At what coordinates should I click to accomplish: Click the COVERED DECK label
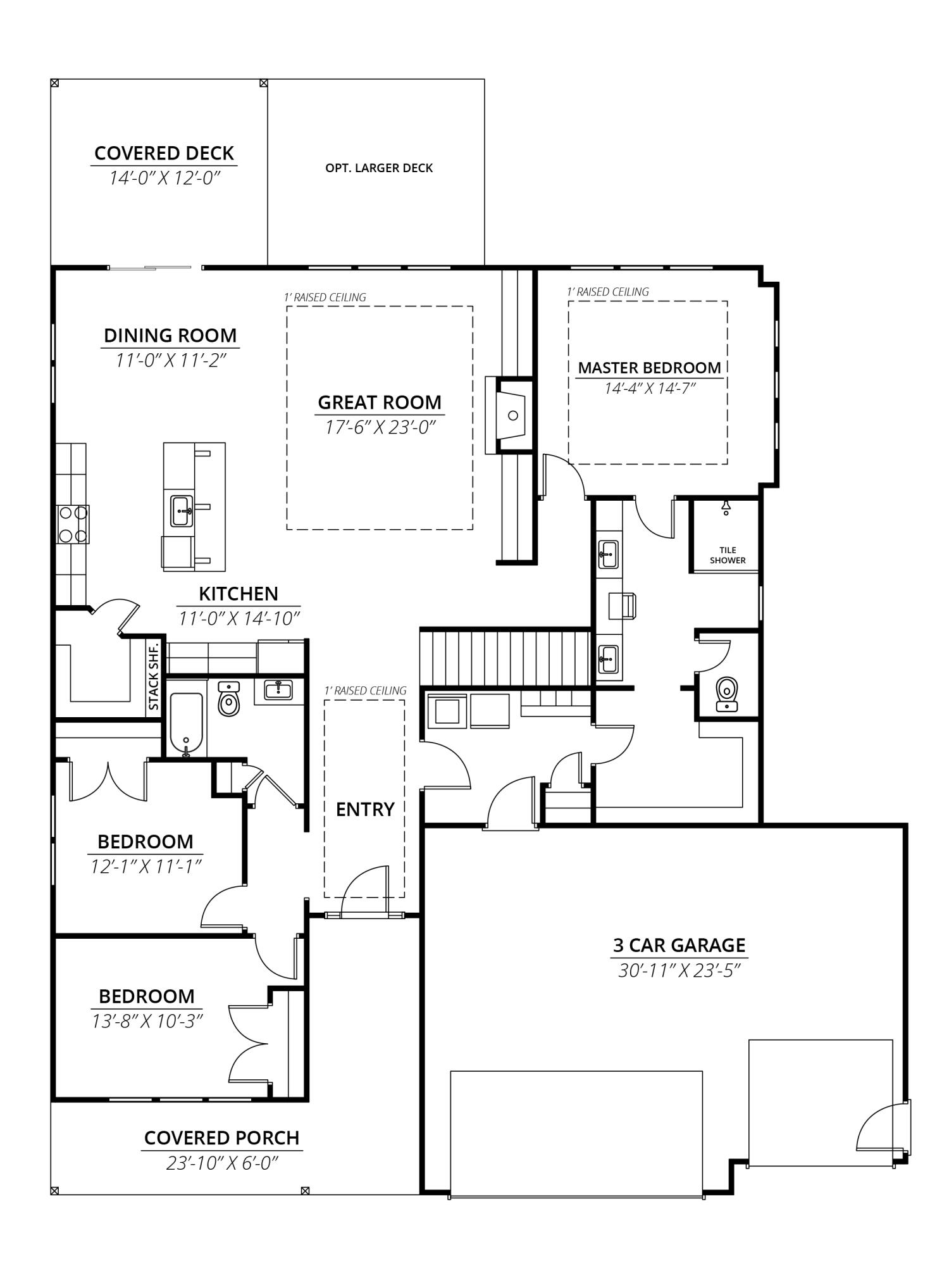coord(164,153)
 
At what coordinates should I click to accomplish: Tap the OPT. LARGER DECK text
coord(379,168)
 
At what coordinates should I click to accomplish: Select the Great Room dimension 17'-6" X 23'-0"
coord(380,427)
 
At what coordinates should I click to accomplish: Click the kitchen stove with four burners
coord(73,524)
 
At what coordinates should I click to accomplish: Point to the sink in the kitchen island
coord(182,511)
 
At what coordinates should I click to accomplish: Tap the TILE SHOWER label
coord(728,555)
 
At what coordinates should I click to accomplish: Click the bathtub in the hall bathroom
coord(186,724)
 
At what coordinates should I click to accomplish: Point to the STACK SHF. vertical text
coord(154,677)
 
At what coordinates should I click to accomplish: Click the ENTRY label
coord(365,809)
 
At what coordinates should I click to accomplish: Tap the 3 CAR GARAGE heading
coord(679,945)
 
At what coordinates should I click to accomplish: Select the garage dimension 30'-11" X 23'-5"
coord(679,970)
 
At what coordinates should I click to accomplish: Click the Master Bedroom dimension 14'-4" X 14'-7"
coord(649,388)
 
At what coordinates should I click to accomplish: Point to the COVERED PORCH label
coord(221,1138)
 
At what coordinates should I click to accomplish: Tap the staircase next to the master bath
coord(506,656)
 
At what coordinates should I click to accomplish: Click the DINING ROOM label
coord(170,335)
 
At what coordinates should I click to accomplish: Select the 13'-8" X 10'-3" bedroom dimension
coord(147,1021)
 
